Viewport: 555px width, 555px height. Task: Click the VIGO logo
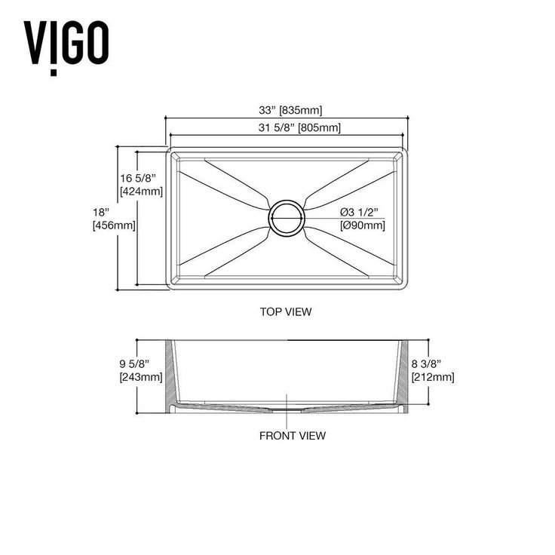click(x=66, y=48)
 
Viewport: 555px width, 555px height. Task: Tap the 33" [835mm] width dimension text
click(x=290, y=110)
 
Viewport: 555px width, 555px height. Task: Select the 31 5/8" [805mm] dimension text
click(x=299, y=127)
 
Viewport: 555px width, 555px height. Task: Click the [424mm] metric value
click(x=141, y=192)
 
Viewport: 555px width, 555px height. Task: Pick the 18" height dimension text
click(x=101, y=213)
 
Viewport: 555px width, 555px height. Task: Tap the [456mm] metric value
click(x=114, y=225)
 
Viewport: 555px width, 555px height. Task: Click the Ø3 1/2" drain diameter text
click(x=359, y=212)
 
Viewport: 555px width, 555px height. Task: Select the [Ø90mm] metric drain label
click(x=363, y=225)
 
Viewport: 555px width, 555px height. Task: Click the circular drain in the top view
click(x=287, y=218)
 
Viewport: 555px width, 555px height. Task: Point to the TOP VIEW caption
click(x=286, y=312)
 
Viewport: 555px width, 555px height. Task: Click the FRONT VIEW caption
click(x=293, y=436)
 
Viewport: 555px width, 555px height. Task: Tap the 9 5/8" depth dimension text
click(x=134, y=363)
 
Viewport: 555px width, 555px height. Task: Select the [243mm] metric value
click(x=141, y=377)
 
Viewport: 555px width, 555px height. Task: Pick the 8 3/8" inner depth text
click(x=426, y=363)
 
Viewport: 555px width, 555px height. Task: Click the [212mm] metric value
click(x=433, y=377)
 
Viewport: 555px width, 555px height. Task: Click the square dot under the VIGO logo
click(x=54, y=73)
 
